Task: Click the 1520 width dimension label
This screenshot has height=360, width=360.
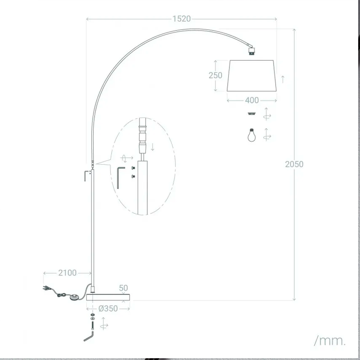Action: (181, 19)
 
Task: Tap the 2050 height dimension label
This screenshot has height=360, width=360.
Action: (294, 164)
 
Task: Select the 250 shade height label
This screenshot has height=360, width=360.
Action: (216, 75)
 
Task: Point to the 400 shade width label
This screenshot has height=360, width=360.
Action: (252, 100)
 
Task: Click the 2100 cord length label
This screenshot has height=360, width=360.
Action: (67, 273)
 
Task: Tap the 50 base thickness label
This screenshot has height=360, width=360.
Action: (124, 288)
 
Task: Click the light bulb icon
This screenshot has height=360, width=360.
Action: (252, 135)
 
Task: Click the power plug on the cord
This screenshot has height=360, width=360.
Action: (46, 288)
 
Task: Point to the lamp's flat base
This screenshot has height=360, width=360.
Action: (108, 297)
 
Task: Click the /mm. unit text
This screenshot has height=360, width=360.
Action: (330, 340)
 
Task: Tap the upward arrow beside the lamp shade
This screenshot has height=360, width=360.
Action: (283, 80)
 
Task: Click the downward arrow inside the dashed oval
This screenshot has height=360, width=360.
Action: (153, 147)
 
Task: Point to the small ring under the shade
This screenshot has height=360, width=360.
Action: (252, 113)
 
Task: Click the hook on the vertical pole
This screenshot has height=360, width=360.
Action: (86, 175)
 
